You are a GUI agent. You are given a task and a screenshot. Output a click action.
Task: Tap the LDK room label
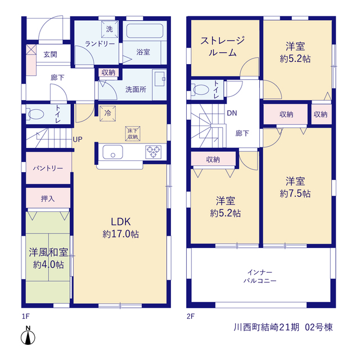pos(121,222)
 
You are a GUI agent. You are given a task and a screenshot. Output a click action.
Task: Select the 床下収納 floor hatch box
pos(133,134)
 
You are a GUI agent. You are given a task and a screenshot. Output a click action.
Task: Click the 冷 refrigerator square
pos(107,114)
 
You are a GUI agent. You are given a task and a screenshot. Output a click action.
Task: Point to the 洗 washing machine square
pos(110,29)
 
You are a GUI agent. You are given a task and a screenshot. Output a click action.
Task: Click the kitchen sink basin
pos(112,152)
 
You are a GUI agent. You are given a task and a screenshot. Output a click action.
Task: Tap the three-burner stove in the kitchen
pos(154,152)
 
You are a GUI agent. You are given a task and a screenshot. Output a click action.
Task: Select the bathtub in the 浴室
pos(145,31)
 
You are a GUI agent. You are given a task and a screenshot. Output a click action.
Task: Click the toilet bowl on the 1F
pos(35,114)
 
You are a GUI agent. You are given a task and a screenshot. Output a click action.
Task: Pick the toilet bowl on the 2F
pos(201,90)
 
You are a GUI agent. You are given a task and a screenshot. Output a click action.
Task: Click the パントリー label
pos(48,169)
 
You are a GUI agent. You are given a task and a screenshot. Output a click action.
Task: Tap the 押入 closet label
pos(48,199)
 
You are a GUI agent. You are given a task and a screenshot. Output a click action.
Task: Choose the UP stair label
pos(78,139)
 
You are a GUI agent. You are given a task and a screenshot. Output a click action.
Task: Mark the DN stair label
pos(232,113)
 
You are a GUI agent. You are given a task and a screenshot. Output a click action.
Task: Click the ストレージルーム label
pos(222,47)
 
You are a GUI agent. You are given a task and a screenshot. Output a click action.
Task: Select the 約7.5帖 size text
pos(295,193)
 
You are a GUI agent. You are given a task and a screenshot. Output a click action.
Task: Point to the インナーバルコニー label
pos(260,276)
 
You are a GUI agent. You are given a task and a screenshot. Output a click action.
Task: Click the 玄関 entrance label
pos(50,55)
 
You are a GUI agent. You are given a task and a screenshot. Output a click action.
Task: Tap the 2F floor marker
pos(191,316)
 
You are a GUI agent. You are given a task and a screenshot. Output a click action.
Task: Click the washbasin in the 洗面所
pos(160,79)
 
